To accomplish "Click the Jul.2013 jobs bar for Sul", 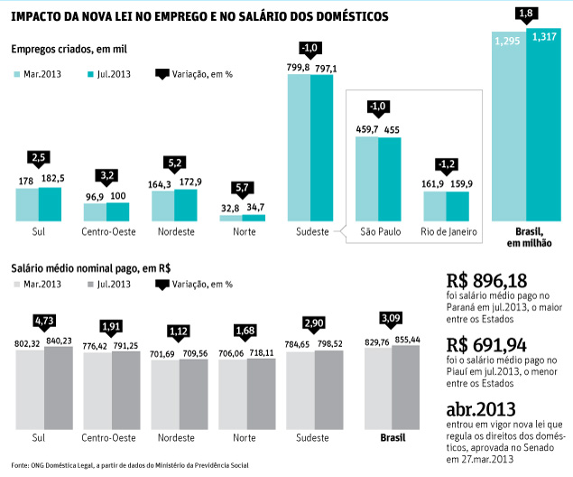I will point(51,204).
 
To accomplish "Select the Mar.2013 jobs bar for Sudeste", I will point(299,148).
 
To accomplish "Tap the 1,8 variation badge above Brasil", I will point(527,14).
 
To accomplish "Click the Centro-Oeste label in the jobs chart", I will point(106,232).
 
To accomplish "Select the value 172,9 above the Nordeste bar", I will point(185,182).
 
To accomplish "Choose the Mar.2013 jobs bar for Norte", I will point(230,218).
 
